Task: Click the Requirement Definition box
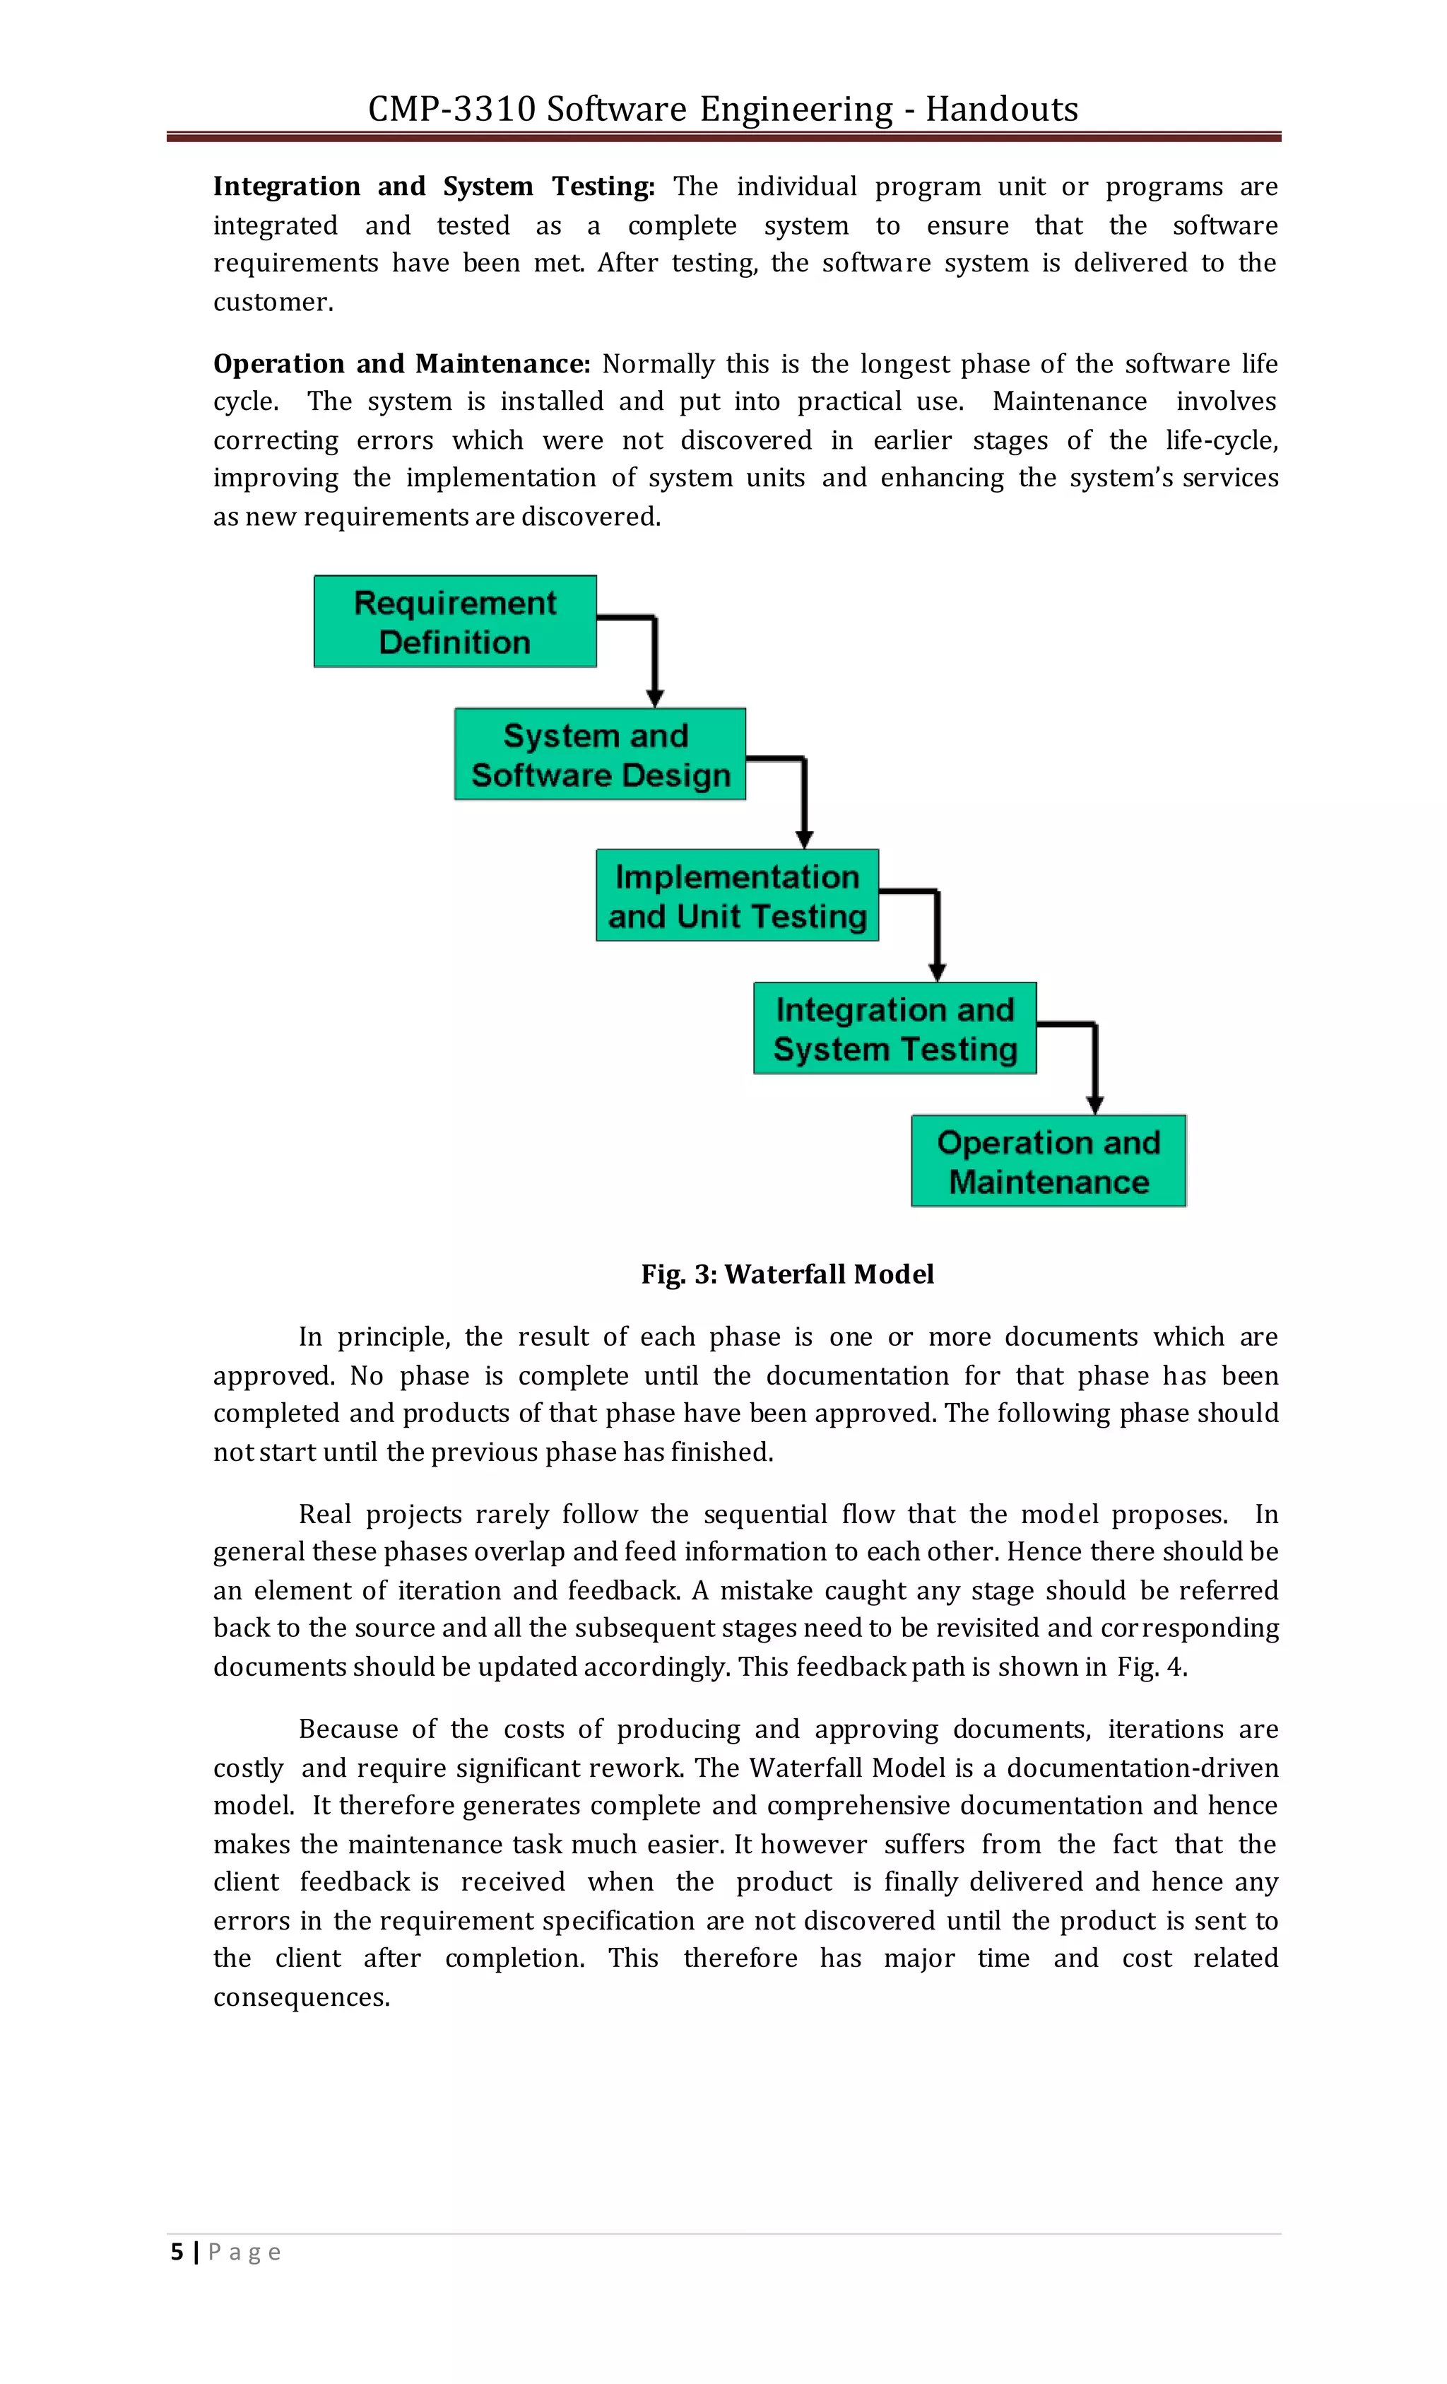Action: [x=454, y=621]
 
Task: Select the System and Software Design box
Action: [x=600, y=753]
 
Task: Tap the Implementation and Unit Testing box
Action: [x=737, y=895]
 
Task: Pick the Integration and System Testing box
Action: [x=894, y=1028]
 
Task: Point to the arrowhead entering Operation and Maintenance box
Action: [x=1095, y=1105]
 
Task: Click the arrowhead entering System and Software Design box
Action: [x=655, y=698]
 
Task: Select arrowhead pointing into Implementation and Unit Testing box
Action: [x=804, y=839]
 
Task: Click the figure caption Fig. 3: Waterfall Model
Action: [x=787, y=1274]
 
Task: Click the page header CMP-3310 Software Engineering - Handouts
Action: [x=723, y=108]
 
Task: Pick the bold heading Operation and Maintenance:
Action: [x=401, y=364]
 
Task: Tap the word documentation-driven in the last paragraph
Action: [x=1142, y=1768]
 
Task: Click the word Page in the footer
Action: [x=244, y=2253]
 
